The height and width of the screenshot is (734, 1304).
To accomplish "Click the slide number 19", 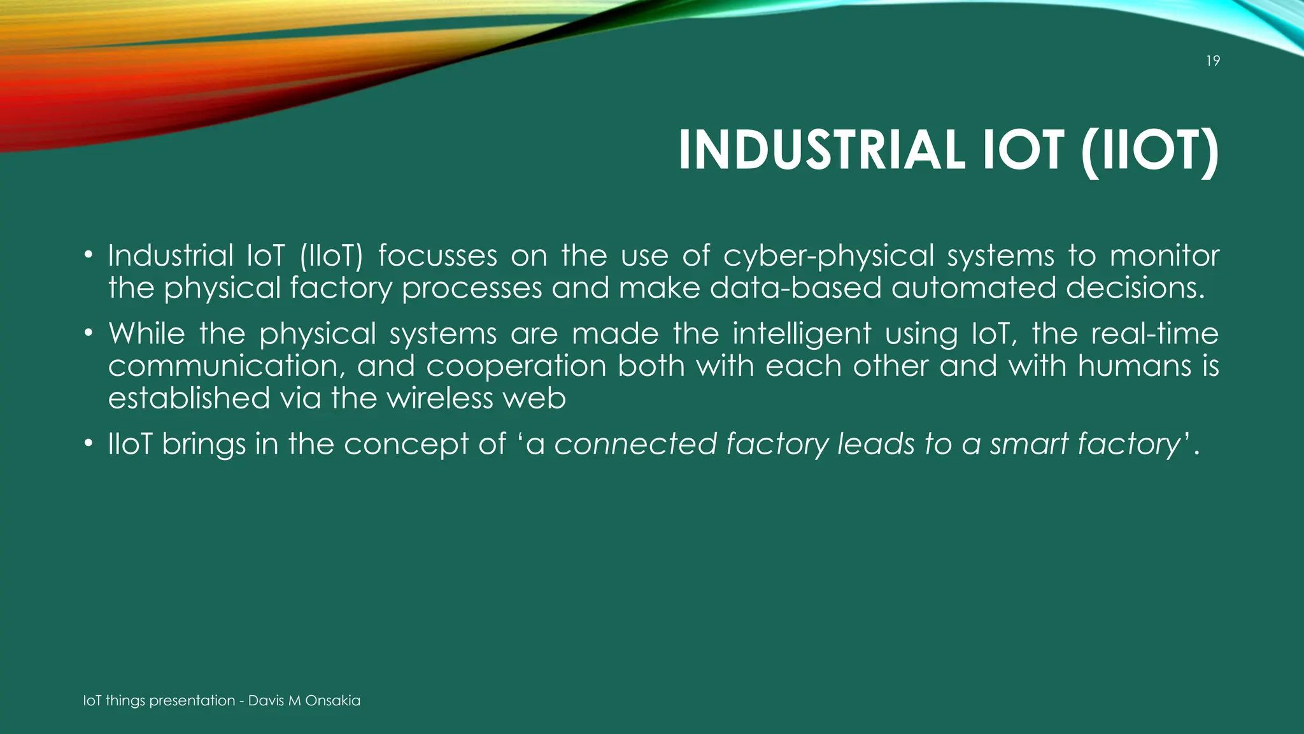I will tap(1213, 61).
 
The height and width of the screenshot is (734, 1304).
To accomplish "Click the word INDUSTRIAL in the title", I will tap(821, 150).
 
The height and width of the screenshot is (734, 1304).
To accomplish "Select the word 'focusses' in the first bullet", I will tap(437, 256).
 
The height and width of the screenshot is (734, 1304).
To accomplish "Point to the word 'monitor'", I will tap(1165, 256).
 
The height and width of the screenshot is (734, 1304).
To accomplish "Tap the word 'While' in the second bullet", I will tap(146, 334).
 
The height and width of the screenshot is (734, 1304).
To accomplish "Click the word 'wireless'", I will tap(439, 399).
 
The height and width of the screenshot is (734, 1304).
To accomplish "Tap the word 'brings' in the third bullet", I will tap(204, 445).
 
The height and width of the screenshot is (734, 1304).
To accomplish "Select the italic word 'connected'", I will tap(635, 444).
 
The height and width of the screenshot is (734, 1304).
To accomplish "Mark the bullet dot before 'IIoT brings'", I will tap(89, 443).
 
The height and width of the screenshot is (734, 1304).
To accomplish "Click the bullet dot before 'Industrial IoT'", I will tap(89, 256).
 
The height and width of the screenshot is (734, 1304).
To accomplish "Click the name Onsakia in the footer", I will tap(332, 701).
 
